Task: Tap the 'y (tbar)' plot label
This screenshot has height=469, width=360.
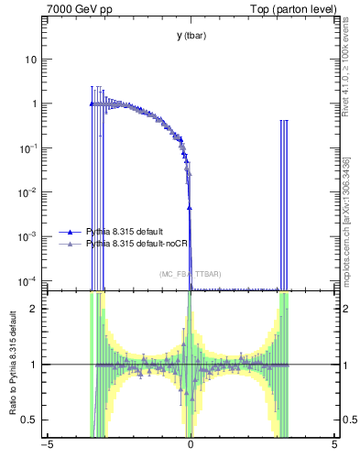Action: point(190,36)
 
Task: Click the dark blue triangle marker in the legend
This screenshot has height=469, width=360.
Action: point(70,233)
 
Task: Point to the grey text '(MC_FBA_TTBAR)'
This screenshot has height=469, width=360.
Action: point(190,274)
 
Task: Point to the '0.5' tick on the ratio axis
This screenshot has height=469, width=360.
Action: point(30,420)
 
